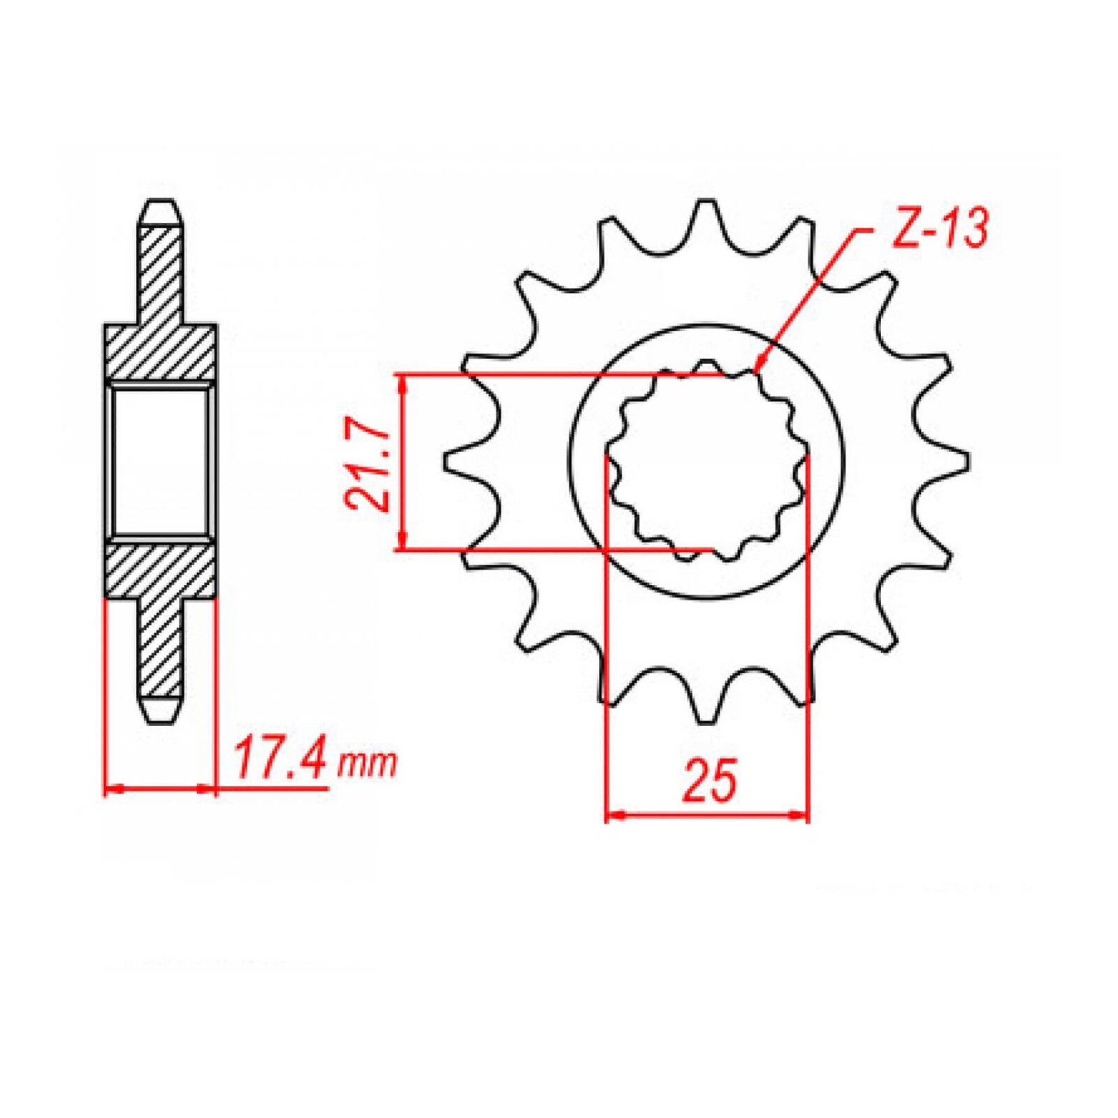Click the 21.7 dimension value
368,465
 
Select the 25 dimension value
709,780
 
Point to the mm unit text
367,764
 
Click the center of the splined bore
706,461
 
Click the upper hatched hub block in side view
160,353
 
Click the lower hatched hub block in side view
160,569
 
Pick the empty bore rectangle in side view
160,461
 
